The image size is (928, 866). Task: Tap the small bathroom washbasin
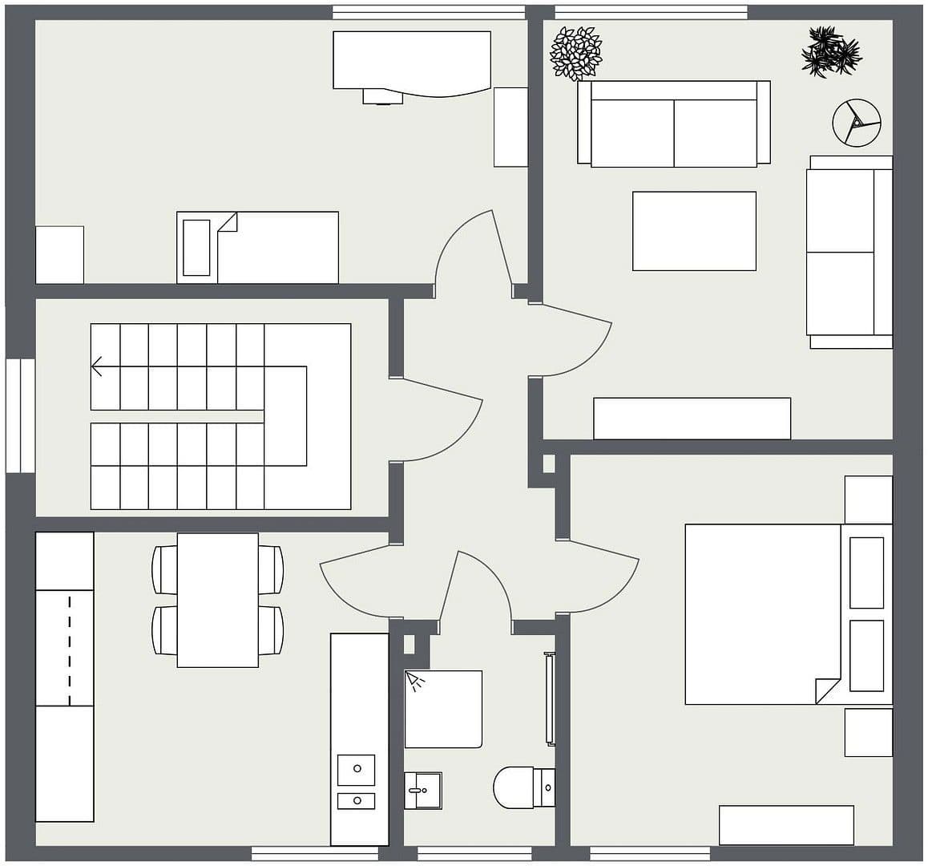pos(422,791)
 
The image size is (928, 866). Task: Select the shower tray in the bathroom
pos(443,709)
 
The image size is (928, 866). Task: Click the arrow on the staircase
pos(98,367)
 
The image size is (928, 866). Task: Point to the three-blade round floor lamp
pos(856,123)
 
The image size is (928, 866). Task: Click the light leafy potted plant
pos(575,53)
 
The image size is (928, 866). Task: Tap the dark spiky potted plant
pos(830,52)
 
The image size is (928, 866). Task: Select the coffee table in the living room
pos(694,231)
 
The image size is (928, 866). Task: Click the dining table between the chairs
pos(217,600)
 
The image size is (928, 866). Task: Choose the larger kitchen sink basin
pos(357,769)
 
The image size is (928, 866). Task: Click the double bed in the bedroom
pos(761,614)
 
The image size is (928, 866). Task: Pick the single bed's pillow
pos(196,247)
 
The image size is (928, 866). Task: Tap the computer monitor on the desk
pos(382,97)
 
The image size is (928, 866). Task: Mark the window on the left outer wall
pos(20,415)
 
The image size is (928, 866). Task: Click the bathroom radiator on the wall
pos(550,698)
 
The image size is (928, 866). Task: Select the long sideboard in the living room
pos(692,419)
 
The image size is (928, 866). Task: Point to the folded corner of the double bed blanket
pos(826,690)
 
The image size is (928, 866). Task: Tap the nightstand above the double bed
pos(868,500)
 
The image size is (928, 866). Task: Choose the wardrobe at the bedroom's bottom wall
pos(786,825)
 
